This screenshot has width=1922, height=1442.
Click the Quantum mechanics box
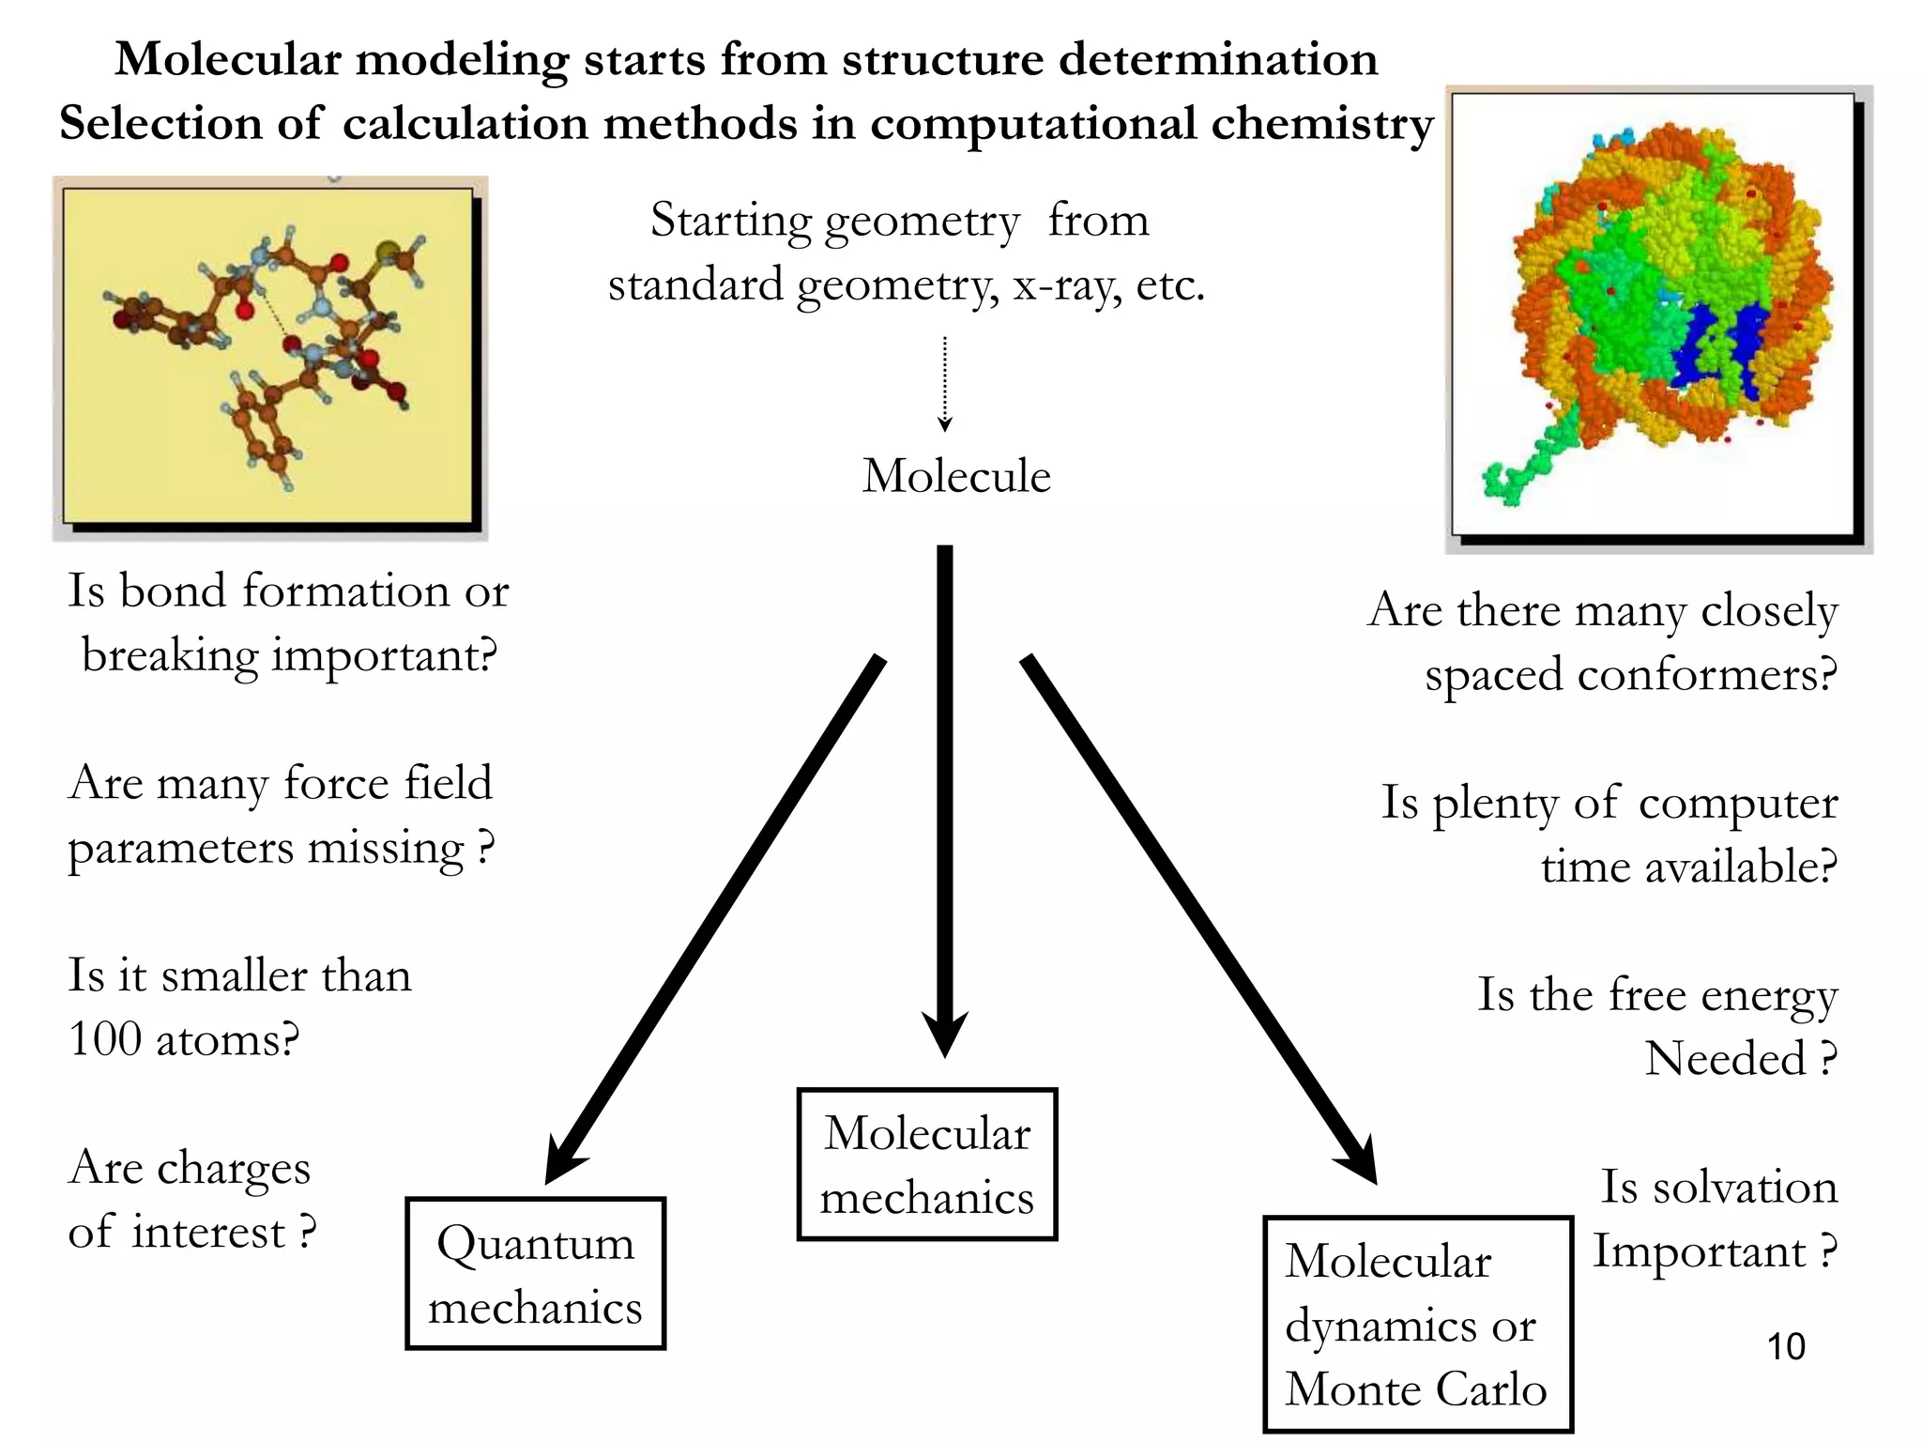tap(535, 1274)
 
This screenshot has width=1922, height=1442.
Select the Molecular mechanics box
tap(927, 1165)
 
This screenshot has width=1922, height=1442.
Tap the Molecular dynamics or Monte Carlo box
tap(1417, 1325)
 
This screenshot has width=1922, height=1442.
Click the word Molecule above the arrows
tap(956, 476)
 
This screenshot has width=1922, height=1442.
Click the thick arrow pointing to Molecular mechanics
tap(945, 798)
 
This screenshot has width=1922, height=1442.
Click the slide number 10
tap(1786, 1346)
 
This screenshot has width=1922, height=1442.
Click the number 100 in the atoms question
tap(105, 1040)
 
